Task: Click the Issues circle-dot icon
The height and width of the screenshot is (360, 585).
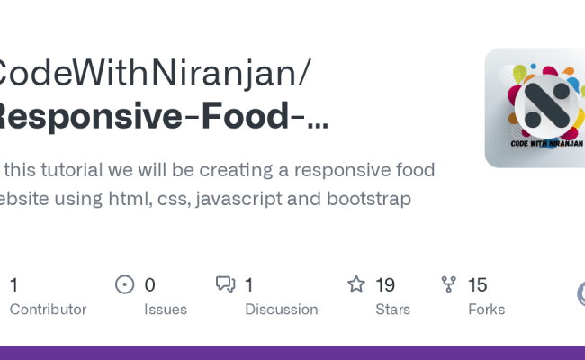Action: click(x=124, y=285)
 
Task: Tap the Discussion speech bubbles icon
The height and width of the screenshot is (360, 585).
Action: click(x=225, y=285)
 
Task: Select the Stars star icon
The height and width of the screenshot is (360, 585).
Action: click(x=356, y=285)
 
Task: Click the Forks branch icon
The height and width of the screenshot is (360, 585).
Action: click(x=449, y=285)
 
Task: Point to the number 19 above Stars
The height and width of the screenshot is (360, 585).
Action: click(x=385, y=285)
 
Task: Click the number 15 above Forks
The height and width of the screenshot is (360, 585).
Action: click(x=478, y=285)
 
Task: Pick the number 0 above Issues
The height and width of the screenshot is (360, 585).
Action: click(x=149, y=285)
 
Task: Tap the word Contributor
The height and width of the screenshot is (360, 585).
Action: click(x=48, y=310)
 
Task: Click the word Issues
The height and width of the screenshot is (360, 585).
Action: click(x=166, y=310)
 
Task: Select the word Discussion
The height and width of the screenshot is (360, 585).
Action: click(x=281, y=310)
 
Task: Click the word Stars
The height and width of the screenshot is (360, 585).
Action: click(x=392, y=310)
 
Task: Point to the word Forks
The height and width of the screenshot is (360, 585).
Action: click(x=486, y=310)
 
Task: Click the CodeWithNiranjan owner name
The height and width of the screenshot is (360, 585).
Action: click(x=148, y=72)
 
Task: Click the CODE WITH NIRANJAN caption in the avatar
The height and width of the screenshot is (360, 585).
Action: click(x=546, y=143)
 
